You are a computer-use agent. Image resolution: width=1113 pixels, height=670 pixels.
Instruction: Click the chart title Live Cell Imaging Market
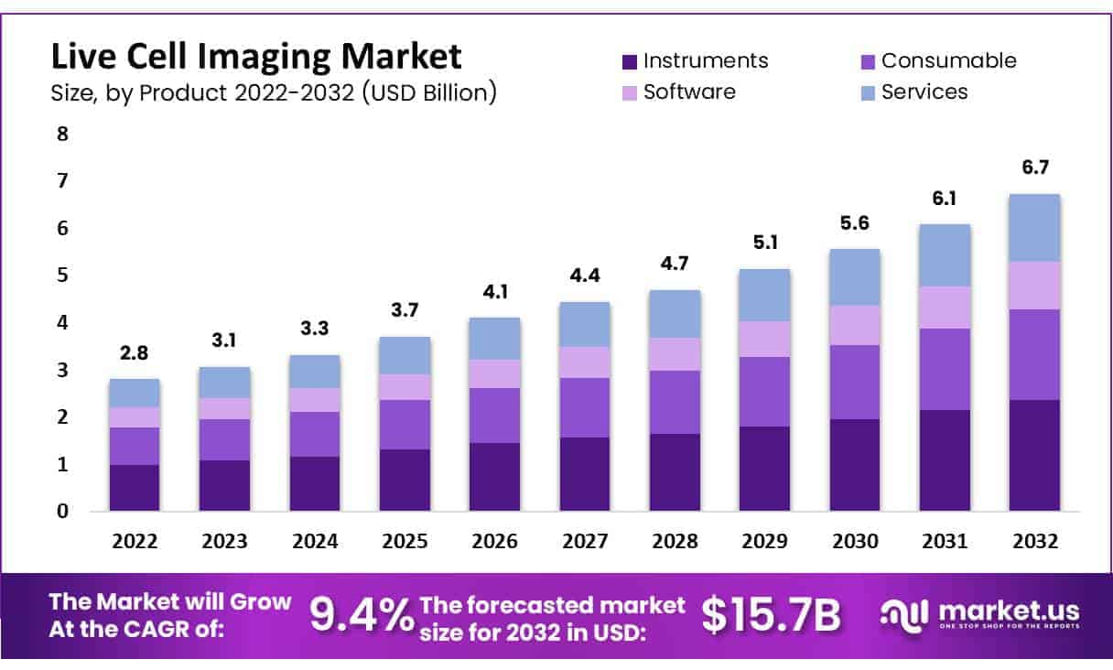[256, 57]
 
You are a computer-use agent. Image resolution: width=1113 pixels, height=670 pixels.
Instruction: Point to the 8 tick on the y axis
[62, 134]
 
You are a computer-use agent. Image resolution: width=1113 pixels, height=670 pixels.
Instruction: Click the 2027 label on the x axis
[584, 541]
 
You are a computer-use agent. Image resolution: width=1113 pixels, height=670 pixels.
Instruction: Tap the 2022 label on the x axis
[135, 541]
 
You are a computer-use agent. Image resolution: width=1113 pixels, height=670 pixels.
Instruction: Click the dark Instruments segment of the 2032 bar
[1034, 455]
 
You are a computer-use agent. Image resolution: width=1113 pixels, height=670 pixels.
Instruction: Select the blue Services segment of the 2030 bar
[854, 276]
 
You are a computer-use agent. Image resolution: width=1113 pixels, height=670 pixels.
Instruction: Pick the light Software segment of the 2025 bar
[405, 386]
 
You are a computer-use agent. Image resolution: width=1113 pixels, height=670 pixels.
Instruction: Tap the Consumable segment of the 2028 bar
[675, 402]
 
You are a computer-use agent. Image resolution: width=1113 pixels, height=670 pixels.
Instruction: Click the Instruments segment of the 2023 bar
[224, 485]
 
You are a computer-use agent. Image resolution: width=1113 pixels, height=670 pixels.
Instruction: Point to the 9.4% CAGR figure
[362, 615]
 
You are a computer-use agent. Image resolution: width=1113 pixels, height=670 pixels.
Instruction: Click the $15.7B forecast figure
[771, 615]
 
